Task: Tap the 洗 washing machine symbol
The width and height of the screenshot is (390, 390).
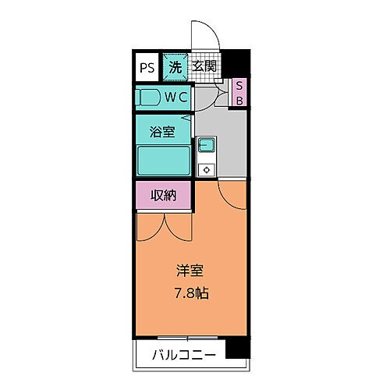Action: pos(175,67)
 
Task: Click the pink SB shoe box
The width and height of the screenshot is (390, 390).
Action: pos(240,93)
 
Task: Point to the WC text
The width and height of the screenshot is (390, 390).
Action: pos(175,98)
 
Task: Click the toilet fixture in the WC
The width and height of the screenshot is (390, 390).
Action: pos(150,98)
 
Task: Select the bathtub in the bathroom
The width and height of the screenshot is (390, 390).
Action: pos(164,161)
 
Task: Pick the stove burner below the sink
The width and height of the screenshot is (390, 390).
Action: pos(206,168)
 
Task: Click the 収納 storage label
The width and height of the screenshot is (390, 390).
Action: pos(164,195)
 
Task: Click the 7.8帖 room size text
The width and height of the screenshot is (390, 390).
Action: pos(191,294)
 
